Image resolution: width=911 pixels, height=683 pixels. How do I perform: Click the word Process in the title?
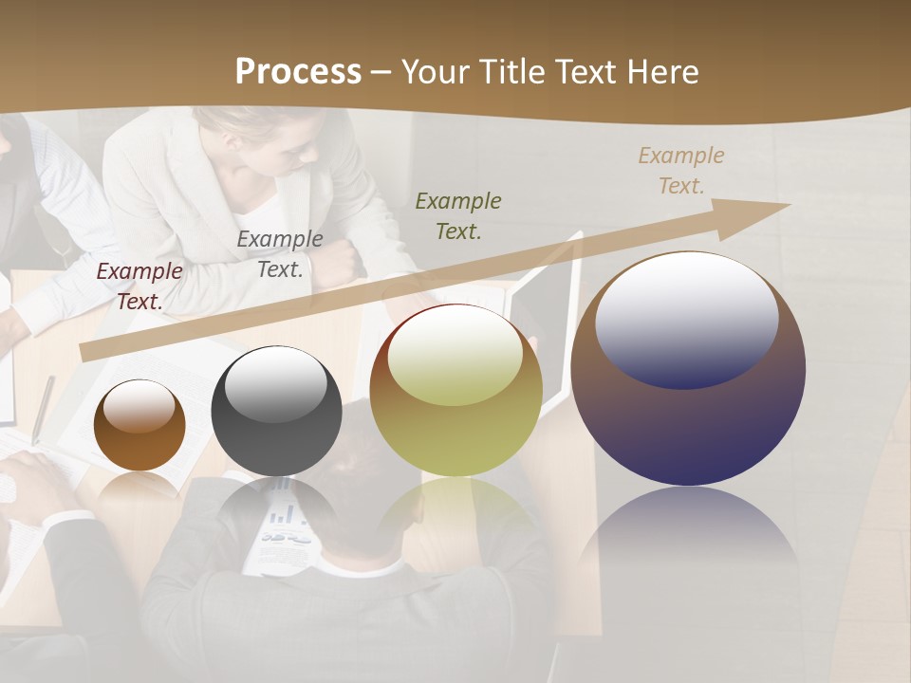tap(298, 72)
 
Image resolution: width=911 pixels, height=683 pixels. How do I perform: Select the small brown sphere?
tap(139, 426)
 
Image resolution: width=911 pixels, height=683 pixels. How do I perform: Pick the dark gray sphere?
tap(276, 412)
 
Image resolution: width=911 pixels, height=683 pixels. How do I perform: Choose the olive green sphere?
tap(455, 391)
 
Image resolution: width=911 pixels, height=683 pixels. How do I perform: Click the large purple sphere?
tap(688, 369)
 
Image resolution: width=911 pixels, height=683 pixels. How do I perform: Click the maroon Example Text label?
tap(139, 286)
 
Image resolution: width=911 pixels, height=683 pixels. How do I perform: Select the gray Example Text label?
tap(280, 254)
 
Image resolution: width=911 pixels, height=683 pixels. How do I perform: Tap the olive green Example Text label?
tap(458, 215)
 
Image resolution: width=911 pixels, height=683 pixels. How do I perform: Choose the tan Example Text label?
tap(681, 171)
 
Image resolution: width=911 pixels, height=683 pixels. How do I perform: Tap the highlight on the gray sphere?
tap(276, 384)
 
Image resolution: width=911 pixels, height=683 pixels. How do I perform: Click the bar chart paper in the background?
tap(285, 527)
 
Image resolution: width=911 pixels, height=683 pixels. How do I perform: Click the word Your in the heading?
tap(436, 72)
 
